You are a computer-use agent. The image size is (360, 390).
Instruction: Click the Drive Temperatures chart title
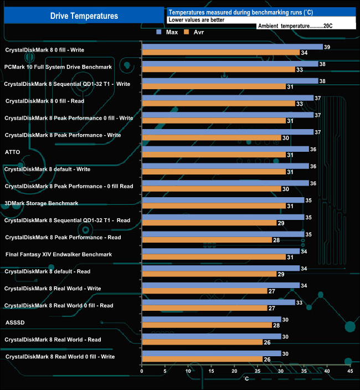coord(84,16)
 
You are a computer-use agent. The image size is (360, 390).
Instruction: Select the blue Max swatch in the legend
coord(160,32)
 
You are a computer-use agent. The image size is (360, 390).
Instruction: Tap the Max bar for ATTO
coord(225,149)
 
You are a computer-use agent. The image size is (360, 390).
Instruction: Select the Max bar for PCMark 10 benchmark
coord(230,64)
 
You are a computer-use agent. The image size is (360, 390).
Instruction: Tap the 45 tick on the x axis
coord(349,371)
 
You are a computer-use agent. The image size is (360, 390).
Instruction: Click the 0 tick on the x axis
coord(142,371)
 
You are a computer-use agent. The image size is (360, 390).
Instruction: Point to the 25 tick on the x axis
coord(257,371)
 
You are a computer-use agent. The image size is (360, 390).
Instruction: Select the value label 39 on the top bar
coord(327,47)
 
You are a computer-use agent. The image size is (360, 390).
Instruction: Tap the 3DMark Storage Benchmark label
coord(41,203)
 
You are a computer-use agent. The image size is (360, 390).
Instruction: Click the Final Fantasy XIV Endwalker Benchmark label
coord(58,254)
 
